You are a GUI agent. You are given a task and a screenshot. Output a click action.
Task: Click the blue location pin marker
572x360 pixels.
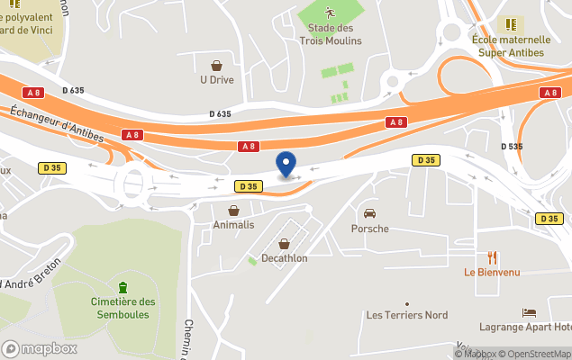(x=286, y=165)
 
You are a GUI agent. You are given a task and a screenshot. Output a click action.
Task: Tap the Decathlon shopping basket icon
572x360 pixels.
(x=285, y=244)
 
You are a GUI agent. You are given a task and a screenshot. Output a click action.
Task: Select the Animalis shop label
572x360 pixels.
(x=233, y=225)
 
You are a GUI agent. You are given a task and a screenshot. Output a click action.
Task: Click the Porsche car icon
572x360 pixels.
(x=369, y=213)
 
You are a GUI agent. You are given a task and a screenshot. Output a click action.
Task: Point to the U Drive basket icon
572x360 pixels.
(x=217, y=65)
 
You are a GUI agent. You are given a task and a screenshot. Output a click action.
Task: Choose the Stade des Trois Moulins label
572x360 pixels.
(x=330, y=34)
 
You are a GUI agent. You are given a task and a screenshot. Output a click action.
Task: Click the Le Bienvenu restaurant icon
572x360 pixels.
(x=493, y=257)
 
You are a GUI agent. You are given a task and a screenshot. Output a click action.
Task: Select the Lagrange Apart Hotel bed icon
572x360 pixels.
(x=529, y=312)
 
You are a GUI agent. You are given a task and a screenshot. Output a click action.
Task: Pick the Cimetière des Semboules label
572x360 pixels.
(x=123, y=308)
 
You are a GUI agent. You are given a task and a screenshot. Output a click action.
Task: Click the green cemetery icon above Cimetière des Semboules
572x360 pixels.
(x=123, y=287)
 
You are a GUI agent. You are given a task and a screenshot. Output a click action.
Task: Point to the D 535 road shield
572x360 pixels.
(x=511, y=145)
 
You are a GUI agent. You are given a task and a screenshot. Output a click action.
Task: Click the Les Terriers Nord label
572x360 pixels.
(x=406, y=315)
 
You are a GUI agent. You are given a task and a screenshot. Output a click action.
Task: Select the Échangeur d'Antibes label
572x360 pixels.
(x=57, y=125)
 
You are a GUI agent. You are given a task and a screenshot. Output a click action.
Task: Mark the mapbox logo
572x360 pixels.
(x=40, y=348)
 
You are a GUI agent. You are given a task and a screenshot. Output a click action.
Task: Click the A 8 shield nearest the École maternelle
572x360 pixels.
(x=549, y=93)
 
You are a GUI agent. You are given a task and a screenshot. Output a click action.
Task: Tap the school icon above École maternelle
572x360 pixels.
(x=510, y=24)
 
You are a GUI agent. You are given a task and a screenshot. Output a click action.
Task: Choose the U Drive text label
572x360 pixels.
(x=217, y=79)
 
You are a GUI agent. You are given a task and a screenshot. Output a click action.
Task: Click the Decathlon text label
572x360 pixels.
(x=285, y=258)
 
